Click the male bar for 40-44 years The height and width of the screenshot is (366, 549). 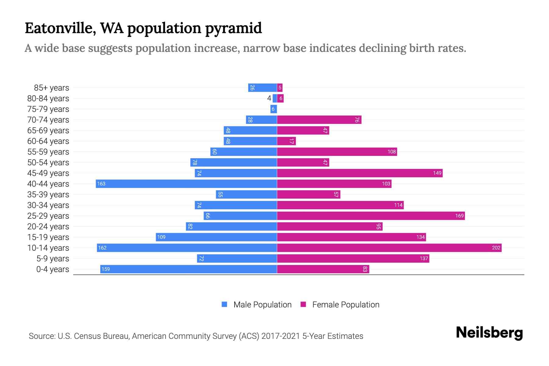(186, 184)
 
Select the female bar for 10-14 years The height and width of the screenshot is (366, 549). (389, 248)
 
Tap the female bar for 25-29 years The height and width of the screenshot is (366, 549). (371, 216)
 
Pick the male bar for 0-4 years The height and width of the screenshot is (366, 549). (188, 269)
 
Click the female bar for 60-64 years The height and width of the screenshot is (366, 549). (286, 141)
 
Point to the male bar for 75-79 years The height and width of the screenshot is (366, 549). (273, 109)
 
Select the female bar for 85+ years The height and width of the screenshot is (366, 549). (280, 88)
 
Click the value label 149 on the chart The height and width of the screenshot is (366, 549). (437, 173)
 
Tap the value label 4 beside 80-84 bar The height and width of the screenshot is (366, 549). (269, 98)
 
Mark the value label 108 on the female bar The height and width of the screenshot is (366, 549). (391, 152)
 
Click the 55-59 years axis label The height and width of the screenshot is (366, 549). (48, 152)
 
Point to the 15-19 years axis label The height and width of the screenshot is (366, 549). (48, 237)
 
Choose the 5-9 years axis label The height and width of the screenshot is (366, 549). (52, 258)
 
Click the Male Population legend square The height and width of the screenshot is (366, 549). (224, 304)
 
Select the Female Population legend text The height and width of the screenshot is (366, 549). (346, 304)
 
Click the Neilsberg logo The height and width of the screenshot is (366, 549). (489, 333)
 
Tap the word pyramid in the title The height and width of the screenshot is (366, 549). (233, 28)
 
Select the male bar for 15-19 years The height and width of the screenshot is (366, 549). (216, 237)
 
